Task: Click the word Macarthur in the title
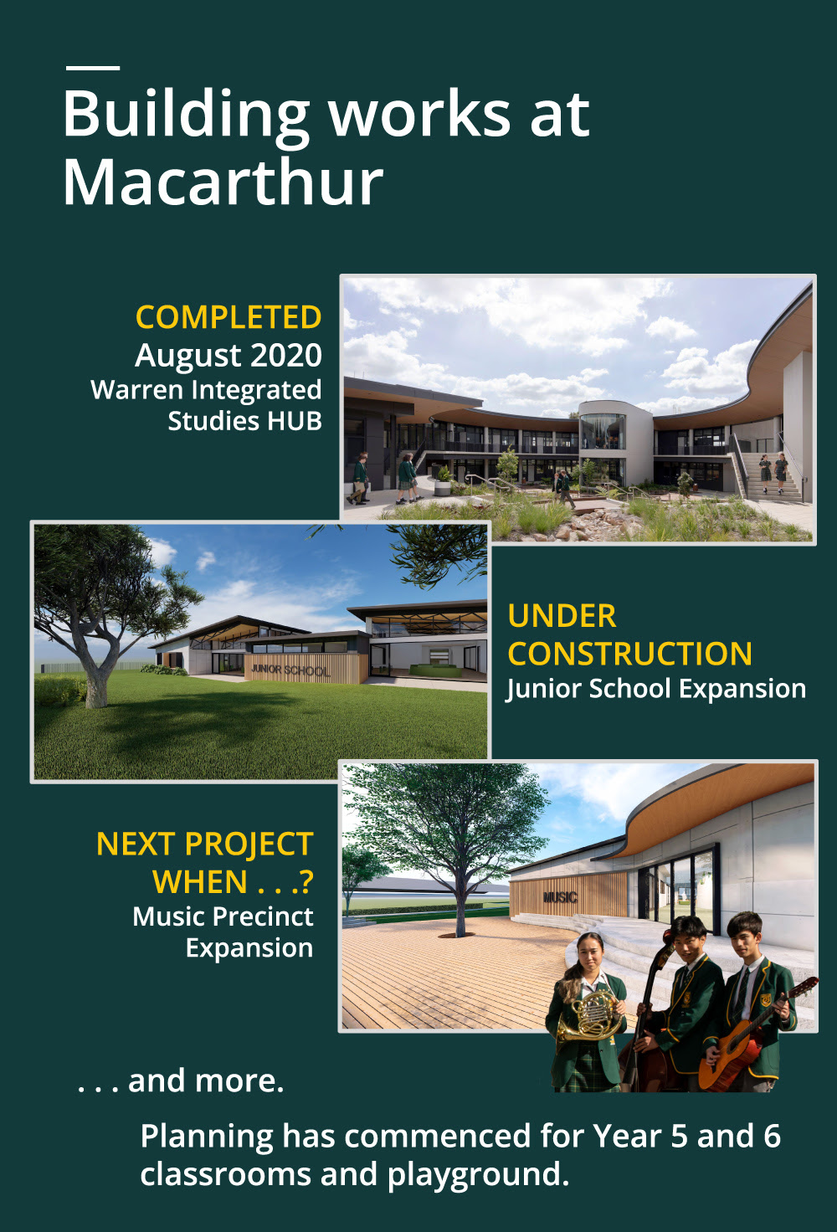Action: (x=223, y=181)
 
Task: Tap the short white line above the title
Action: (x=93, y=68)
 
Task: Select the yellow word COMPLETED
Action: (x=229, y=317)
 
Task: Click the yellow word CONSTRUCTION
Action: (x=629, y=654)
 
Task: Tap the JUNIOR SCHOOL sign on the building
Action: (x=290, y=670)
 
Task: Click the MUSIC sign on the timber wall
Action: (x=560, y=897)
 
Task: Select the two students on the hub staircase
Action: (x=773, y=473)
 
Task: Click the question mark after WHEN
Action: (x=307, y=881)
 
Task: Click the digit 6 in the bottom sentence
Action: (x=772, y=1137)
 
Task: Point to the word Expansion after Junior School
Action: (x=742, y=689)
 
